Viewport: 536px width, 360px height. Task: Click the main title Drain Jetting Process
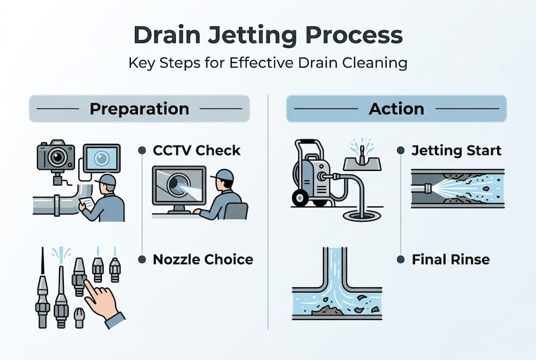tap(268, 36)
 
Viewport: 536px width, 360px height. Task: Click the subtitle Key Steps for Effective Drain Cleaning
tap(268, 63)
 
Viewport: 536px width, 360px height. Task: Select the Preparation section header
tap(139, 108)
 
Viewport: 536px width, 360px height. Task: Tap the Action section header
tap(396, 108)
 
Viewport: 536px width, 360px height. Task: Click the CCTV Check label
tap(197, 150)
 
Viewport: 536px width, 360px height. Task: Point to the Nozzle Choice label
tap(203, 259)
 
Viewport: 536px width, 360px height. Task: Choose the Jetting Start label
tap(456, 150)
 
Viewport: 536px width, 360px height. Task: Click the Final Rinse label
tap(451, 259)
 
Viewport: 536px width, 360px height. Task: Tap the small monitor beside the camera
tap(101, 158)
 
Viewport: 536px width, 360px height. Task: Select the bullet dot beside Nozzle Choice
tap(142, 259)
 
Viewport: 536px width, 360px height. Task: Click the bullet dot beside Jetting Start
tap(401, 150)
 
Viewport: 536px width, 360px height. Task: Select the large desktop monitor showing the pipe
tap(179, 186)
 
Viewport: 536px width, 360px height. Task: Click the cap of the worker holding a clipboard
tap(108, 179)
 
